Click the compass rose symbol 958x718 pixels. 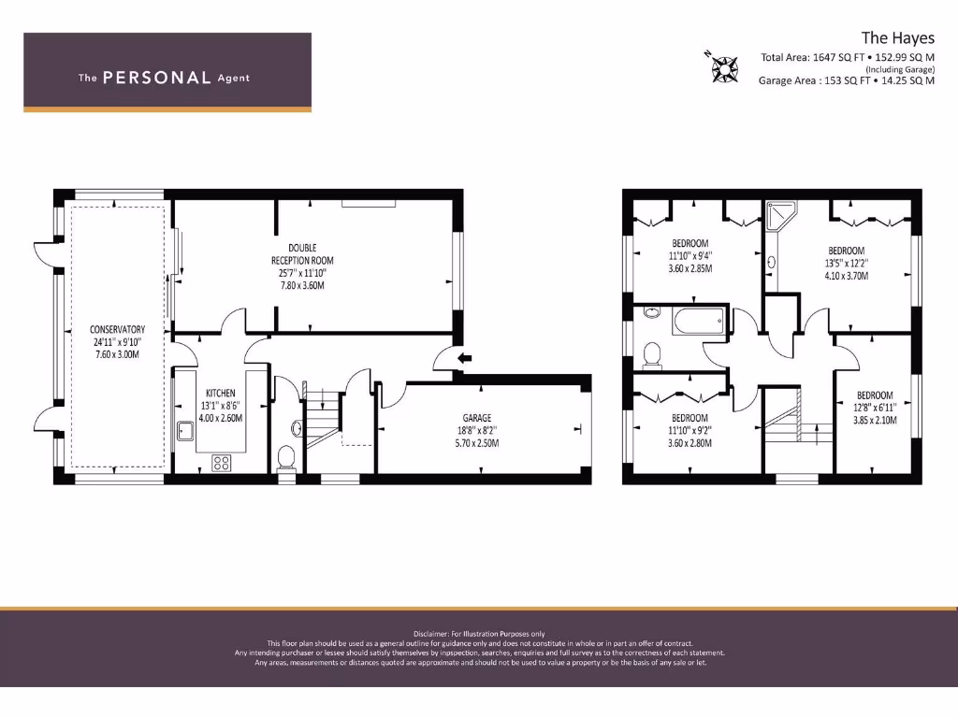[x=722, y=65]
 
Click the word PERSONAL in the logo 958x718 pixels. [x=156, y=78]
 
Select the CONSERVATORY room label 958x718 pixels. [x=117, y=329]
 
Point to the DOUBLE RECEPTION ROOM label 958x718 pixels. [x=302, y=249]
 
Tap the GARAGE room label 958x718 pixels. [x=476, y=418]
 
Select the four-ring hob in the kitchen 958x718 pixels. [x=222, y=462]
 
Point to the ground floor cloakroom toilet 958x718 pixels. [x=287, y=457]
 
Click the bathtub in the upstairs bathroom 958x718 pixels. [x=698, y=322]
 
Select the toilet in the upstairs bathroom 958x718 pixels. [x=653, y=353]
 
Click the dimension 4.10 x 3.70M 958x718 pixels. [x=846, y=276]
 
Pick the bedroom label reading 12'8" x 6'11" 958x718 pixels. [x=875, y=408]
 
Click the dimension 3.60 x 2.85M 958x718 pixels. [x=690, y=268]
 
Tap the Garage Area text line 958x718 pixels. [x=846, y=80]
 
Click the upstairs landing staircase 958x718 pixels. [x=784, y=421]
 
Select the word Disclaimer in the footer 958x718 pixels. [x=432, y=634]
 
